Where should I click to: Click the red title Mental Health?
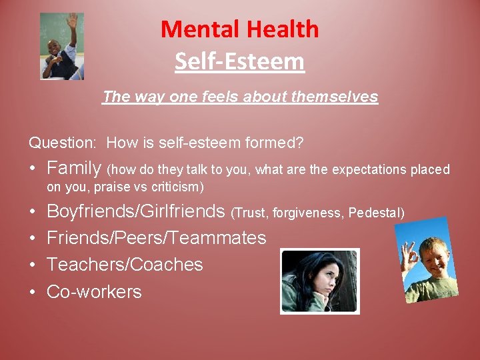click(239, 29)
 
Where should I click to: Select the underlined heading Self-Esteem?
click(239, 62)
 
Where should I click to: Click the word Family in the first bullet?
click(73, 169)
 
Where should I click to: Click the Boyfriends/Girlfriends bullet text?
click(135, 211)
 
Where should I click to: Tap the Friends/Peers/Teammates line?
click(156, 238)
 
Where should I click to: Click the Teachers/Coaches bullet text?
click(125, 265)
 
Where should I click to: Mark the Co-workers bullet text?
click(94, 291)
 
